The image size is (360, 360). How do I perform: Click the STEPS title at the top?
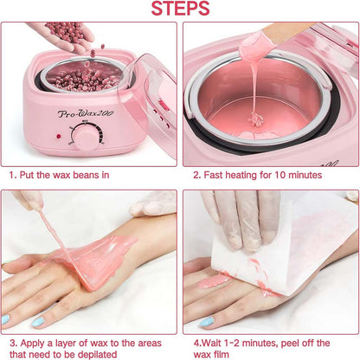[180, 10]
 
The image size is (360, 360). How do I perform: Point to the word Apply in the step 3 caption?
[31, 341]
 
